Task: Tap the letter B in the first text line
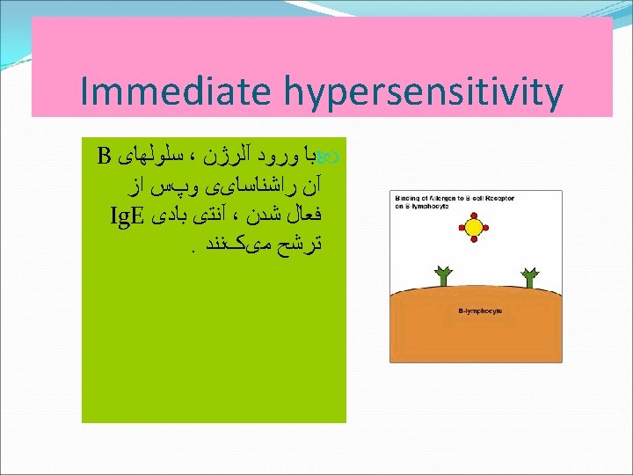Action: (103, 158)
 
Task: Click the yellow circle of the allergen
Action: (474, 228)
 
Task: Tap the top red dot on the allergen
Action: (474, 214)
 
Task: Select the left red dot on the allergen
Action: (460, 228)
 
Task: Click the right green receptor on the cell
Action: (528, 276)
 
